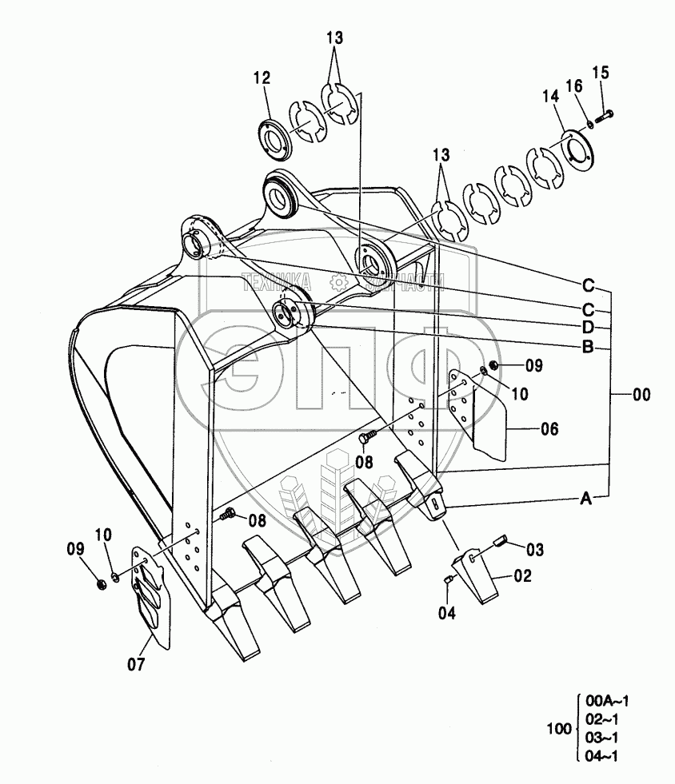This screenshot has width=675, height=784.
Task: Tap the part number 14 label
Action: (549, 96)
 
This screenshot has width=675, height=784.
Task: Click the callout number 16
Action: (574, 85)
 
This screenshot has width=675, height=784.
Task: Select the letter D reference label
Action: (587, 327)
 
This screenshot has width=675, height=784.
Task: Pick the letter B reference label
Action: (587, 346)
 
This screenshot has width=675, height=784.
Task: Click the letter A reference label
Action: (586, 499)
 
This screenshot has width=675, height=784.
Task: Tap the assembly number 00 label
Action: (641, 394)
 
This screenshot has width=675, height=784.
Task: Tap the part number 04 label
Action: (445, 613)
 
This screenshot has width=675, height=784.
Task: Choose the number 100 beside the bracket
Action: (558, 728)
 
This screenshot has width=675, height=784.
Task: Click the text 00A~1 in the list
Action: (607, 701)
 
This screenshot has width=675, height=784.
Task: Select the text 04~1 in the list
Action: (601, 756)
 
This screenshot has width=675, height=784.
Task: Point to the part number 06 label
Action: (549, 429)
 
